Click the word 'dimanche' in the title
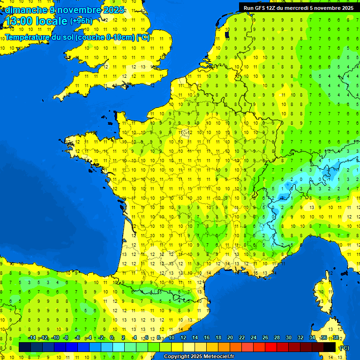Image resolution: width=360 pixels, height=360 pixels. (x=25, y=10)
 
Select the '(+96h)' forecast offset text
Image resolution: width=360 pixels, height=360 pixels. (x=81, y=21)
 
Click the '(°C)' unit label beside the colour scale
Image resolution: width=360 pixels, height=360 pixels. (x=345, y=348)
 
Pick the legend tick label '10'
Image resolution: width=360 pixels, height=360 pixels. (x=172, y=338)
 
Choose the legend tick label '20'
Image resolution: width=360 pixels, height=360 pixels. (x=230, y=338)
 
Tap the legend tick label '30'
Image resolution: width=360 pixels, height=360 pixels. (x=289, y=338)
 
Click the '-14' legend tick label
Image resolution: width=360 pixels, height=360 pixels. (x=32, y=338)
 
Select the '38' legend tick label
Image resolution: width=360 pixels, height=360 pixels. (x=336, y=338)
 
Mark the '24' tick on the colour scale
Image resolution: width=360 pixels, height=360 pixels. (x=254, y=338)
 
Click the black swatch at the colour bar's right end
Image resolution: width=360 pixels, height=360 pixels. (x=330, y=347)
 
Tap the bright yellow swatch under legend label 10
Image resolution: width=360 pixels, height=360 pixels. (x=177, y=347)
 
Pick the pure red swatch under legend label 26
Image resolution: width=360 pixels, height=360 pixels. (x=271, y=347)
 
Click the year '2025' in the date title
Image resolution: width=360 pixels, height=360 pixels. (x=113, y=10)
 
